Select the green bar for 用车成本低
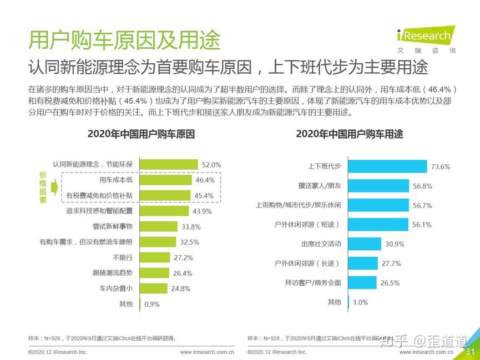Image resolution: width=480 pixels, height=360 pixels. (166, 180)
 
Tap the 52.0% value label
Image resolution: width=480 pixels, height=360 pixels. (211, 165)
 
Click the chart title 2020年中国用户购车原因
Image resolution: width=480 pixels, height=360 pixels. (141, 134)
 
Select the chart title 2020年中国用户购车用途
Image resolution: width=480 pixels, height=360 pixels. (350, 134)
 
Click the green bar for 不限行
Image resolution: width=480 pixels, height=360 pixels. (154, 257)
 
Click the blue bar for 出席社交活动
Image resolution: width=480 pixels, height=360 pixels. (365, 244)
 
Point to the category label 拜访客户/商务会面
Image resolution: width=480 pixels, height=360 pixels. (313, 282)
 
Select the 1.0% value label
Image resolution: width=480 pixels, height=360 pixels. (361, 302)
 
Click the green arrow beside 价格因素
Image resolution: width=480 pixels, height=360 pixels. (54, 187)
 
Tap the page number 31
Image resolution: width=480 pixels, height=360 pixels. (470, 352)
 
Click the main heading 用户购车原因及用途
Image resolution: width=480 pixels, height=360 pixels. (124, 40)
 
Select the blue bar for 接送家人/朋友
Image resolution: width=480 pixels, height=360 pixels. (378, 186)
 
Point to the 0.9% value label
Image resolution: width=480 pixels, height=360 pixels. (151, 304)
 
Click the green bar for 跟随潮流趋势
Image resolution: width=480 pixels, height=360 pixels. (154, 273)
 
